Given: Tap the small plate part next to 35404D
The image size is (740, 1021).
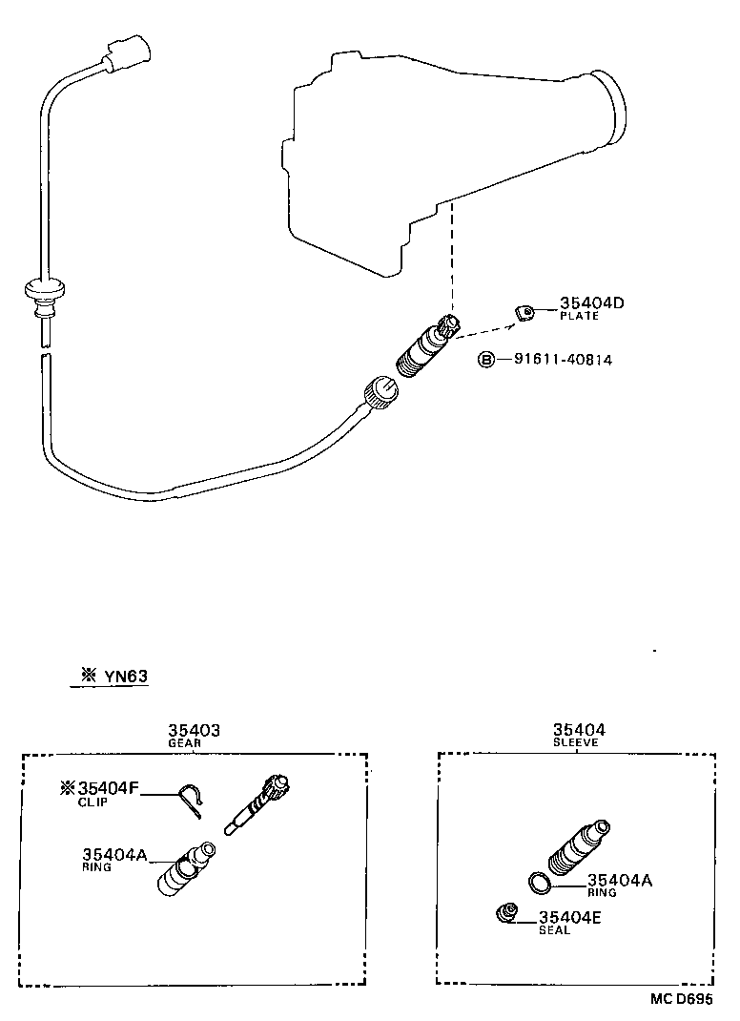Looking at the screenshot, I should point(524,311).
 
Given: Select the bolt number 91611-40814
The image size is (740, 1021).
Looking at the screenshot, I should point(563,361).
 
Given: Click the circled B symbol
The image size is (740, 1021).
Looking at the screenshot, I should point(486,361).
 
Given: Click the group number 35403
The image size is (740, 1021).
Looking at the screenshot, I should point(195,731).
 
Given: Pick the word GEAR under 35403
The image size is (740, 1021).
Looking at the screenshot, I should point(184,743).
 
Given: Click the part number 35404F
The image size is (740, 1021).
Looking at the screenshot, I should point(108,788).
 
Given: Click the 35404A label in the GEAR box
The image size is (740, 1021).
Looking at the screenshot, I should point(113,855).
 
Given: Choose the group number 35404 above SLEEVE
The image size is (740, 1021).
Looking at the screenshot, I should point(579,731).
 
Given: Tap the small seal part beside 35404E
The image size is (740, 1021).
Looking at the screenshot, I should point(506,913).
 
